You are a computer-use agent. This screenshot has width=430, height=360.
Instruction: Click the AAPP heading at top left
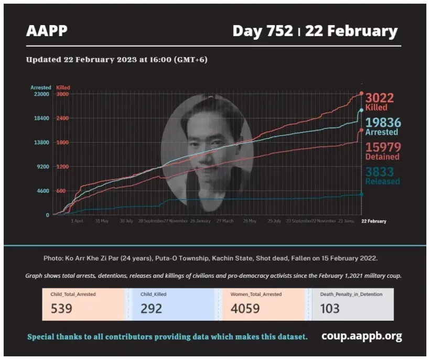[x=47, y=31]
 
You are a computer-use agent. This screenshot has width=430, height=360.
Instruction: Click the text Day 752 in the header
[x=262, y=31]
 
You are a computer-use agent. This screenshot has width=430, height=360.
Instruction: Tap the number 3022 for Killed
[x=379, y=98]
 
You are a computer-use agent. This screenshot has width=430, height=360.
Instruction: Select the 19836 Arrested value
[x=383, y=123]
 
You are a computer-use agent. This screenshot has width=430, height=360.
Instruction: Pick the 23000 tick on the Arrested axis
[x=41, y=94]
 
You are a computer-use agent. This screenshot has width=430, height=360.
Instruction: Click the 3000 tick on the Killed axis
[x=62, y=94]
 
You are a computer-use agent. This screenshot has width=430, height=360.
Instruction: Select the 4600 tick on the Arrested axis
[x=42, y=191]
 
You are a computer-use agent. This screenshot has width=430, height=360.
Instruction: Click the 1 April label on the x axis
[x=77, y=221]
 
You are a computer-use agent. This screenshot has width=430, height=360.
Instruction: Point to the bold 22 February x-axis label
[x=374, y=221]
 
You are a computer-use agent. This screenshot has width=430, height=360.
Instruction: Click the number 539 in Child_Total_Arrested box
[x=61, y=308]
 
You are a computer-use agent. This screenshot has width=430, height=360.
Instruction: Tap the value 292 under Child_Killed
[x=151, y=308]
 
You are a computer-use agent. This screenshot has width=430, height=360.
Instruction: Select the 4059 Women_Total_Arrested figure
[x=245, y=308]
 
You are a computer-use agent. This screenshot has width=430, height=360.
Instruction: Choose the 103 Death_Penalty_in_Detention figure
[x=330, y=308]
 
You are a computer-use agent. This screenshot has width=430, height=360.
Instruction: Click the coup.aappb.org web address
[x=362, y=336]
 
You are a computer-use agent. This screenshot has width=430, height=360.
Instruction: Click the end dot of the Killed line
[x=361, y=93]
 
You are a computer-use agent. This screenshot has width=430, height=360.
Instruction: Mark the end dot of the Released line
[x=361, y=194]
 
